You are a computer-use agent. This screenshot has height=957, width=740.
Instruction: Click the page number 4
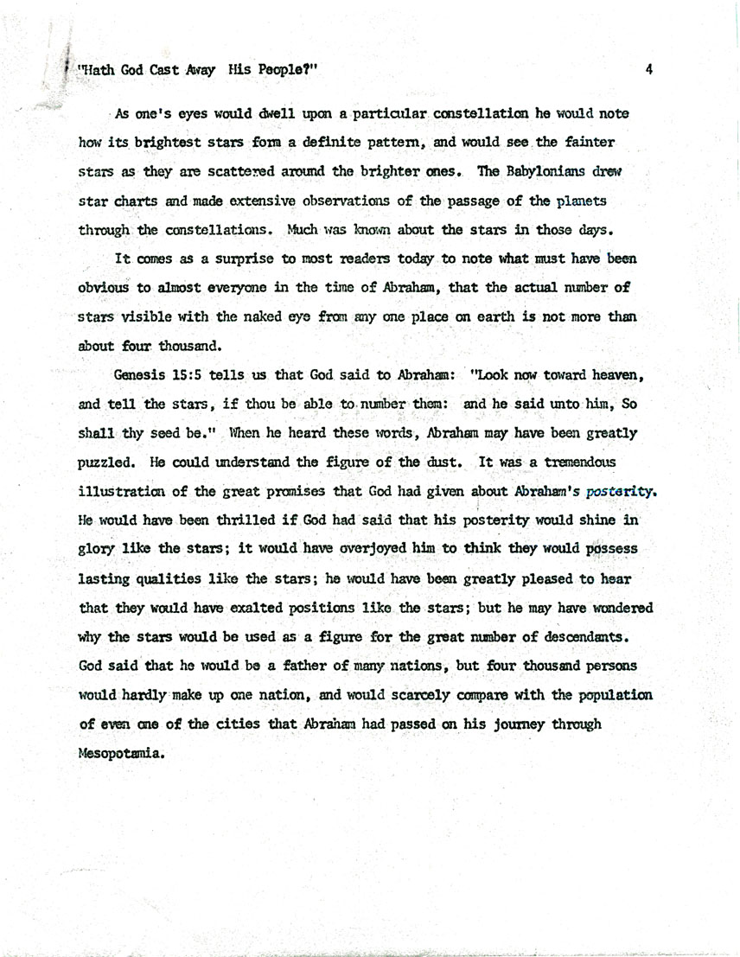[647, 73]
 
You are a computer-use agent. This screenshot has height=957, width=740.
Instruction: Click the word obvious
[104, 287]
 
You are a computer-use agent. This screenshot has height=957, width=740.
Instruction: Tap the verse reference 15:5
[188, 377]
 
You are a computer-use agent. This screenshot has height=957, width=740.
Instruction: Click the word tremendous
[573, 463]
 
